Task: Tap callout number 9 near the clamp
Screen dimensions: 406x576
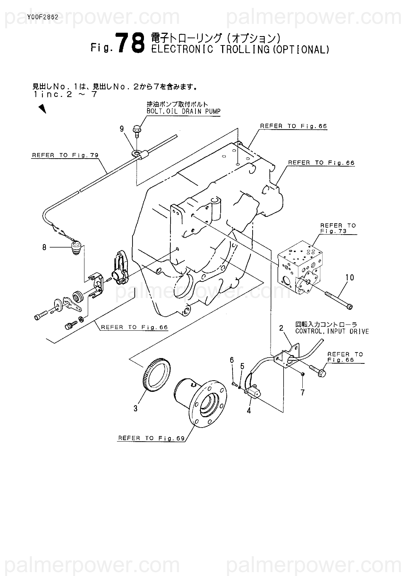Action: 122,129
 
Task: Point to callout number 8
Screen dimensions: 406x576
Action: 44,247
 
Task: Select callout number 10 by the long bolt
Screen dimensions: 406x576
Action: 350,277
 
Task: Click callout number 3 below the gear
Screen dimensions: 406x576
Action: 135,408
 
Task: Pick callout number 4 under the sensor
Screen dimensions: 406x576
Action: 249,411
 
